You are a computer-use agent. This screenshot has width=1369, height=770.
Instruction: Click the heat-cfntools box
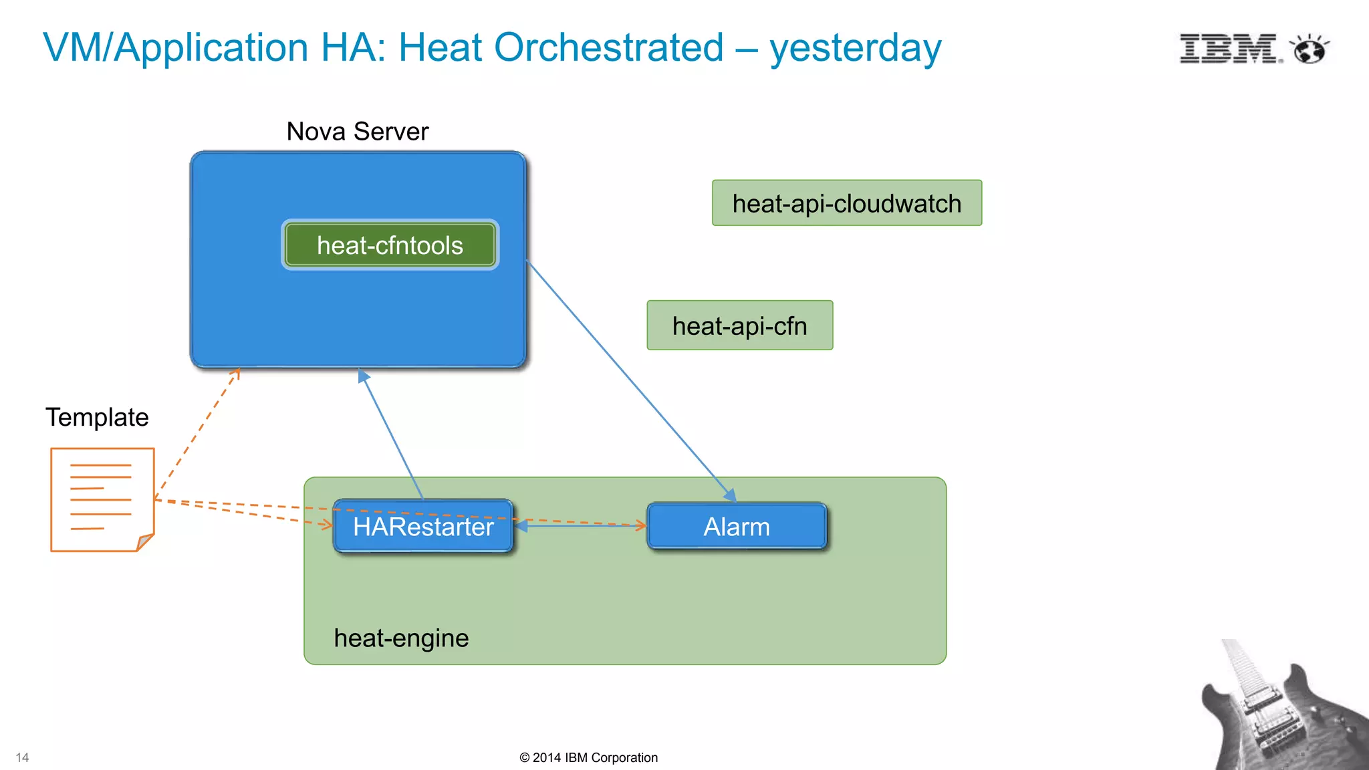pyautogui.click(x=390, y=245)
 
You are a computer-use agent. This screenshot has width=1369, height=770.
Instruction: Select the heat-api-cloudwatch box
pyautogui.click(x=847, y=203)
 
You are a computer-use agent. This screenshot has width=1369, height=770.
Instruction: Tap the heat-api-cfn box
pyautogui.click(x=739, y=326)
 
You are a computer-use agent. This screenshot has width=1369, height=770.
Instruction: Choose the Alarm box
pyautogui.click(x=737, y=527)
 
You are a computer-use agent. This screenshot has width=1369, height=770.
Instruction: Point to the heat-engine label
pyautogui.click(x=401, y=638)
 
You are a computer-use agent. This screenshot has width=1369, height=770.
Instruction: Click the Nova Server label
pyautogui.click(x=357, y=132)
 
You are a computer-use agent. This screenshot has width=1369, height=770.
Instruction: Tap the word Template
pyautogui.click(x=97, y=417)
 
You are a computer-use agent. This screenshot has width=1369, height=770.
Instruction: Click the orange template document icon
pyautogui.click(x=102, y=500)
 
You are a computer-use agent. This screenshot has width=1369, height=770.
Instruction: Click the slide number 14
pyautogui.click(x=22, y=757)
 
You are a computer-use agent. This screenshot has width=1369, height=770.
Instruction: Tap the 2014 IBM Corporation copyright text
pyautogui.click(x=588, y=757)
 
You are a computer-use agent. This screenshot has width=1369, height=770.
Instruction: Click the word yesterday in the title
pyautogui.click(x=855, y=48)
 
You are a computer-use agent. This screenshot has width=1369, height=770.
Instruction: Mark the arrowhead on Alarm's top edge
pyautogui.click(x=730, y=495)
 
